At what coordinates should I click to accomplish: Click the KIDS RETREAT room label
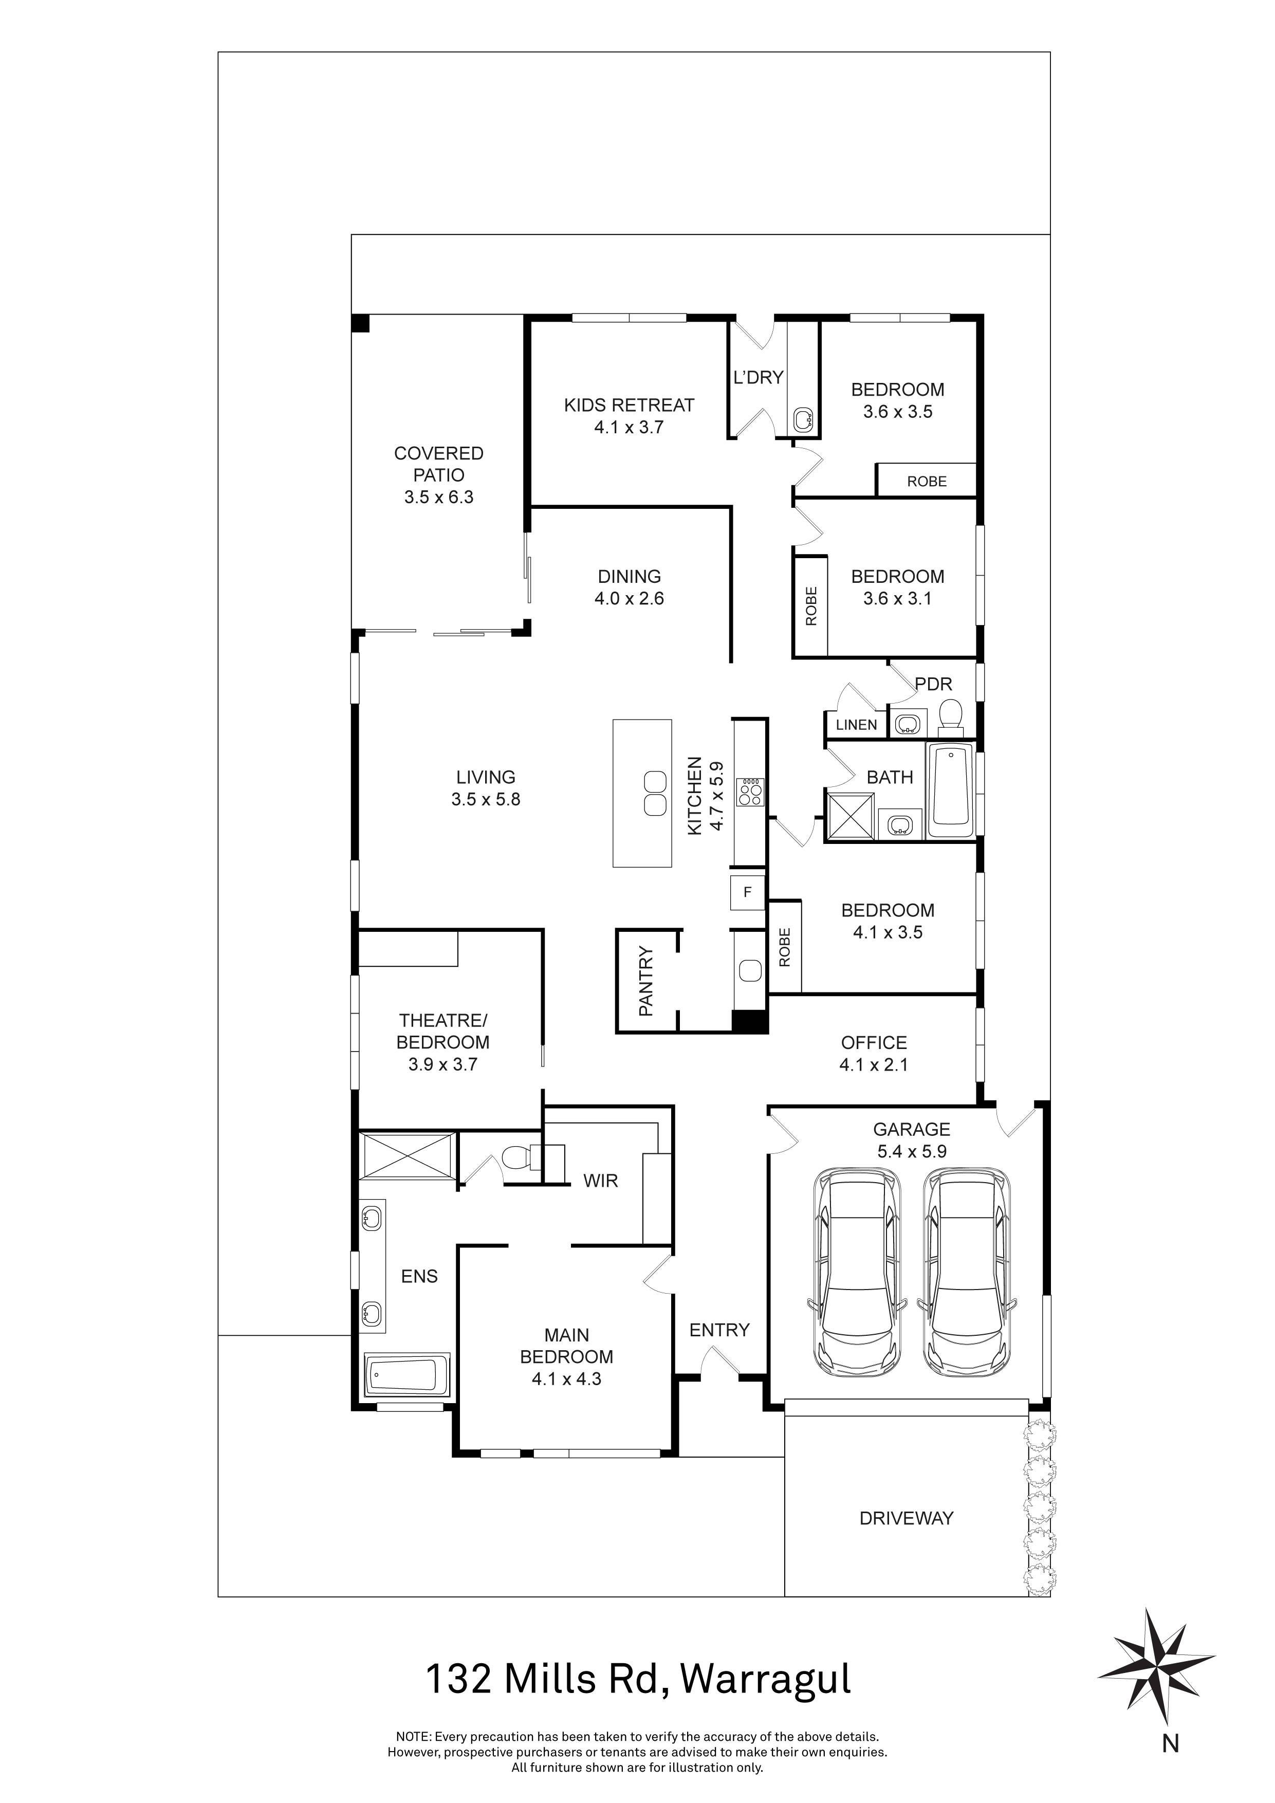coord(629,405)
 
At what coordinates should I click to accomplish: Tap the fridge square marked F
coord(747,892)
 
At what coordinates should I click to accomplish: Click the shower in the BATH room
coord(851,817)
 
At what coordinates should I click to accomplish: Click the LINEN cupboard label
coord(856,725)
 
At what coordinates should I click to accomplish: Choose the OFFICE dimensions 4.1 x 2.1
coord(873,1065)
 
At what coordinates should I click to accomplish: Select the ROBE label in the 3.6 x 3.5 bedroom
coord(927,482)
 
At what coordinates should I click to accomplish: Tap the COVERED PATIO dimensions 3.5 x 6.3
coord(439,497)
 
